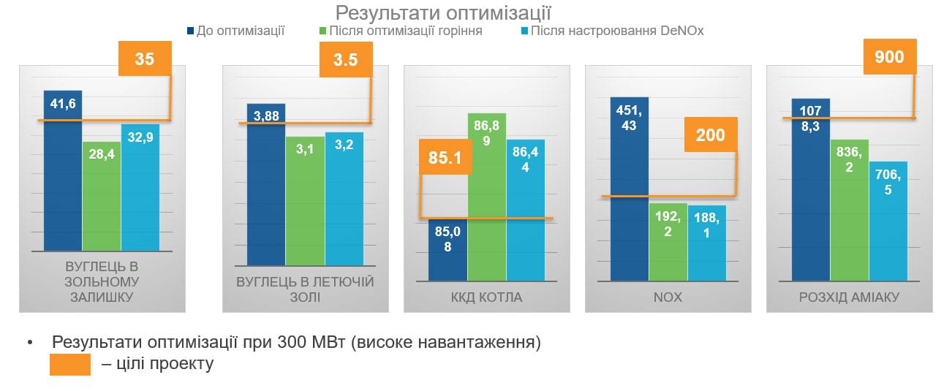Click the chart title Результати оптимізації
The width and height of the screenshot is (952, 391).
pyautogui.click(x=443, y=12)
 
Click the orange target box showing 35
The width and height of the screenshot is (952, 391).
pyautogui.click(x=145, y=58)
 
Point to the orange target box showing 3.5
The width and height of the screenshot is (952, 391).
pyautogui.click(x=346, y=59)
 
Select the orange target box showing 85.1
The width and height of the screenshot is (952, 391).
pyautogui.click(x=445, y=157)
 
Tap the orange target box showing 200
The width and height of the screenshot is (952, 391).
pyautogui.click(x=710, y=134)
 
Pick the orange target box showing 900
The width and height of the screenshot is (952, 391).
pyautogui.click(x=889, y=56)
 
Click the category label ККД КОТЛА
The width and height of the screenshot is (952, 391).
pyautogui.click(x=486, y=297)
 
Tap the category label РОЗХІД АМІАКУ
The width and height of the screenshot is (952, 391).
pyautogui.click(x=848, y=297)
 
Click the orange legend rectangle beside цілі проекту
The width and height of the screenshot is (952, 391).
pyautogui.click(x=70, y=365)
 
